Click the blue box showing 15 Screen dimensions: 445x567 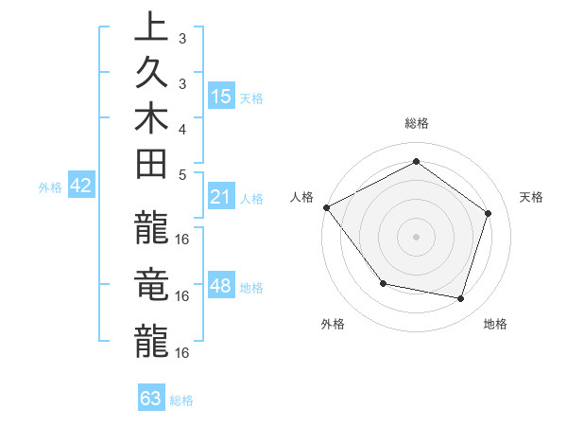tap(221, 97)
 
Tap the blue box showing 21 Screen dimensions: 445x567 tap(221, 197)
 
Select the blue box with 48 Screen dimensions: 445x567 tap(221, 286)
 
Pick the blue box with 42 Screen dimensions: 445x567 tap(81, 186)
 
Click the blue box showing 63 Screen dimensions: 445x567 tap(151, 399)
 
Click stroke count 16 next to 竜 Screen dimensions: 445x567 tap(182, 296)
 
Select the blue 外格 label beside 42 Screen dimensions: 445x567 tap(50, 187)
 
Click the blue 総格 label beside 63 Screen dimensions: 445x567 tap(181, 400)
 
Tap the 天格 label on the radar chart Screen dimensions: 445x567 tap(532, 197)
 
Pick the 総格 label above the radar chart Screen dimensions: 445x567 tap(417, 123)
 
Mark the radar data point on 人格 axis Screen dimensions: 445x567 tap(326, 207)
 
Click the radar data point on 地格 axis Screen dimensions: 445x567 tap(461, 298)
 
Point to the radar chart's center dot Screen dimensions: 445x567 tap(416, 236)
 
